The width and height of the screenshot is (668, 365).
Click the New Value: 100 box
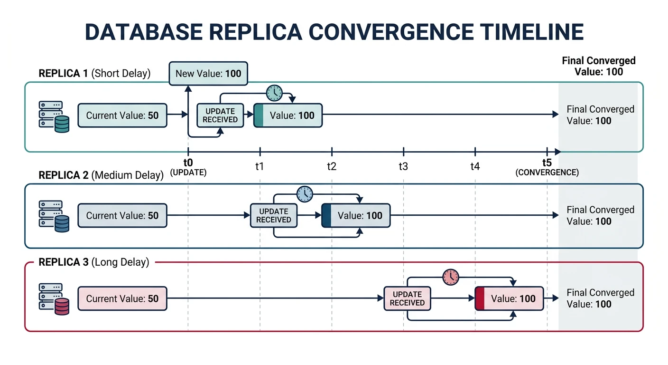click(x=208, y=73)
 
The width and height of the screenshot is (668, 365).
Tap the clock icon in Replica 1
click(x=274, y=93)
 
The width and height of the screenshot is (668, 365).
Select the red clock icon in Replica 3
click(x=451, y=277)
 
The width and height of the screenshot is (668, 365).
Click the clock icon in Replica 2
click(x=305, y=193)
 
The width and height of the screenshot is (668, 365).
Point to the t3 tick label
click(x=403, y=166)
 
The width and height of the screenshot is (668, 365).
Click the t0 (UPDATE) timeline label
click(x=188, y=167)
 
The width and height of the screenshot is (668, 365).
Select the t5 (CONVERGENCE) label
click(x=547, y=167)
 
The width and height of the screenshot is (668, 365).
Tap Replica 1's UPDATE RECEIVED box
click(x=220, y=115)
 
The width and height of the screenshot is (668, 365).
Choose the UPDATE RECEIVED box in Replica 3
click(x=407, y=298)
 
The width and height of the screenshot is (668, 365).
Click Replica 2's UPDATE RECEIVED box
click(x=273, y=215)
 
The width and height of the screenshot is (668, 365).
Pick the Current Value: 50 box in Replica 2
click(x=122, y=215)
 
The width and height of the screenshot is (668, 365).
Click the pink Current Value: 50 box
click(x=122, y=298)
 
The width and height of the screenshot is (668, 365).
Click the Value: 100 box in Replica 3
click(x=509, y=298)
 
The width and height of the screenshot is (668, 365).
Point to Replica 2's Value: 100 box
click(x=356, y=215)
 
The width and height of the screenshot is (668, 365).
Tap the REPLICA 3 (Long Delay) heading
click(x=93, y=262)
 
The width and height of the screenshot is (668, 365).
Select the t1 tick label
click(x=260, y=166)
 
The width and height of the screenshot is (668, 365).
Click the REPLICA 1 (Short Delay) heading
click(x=94, y=73)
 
